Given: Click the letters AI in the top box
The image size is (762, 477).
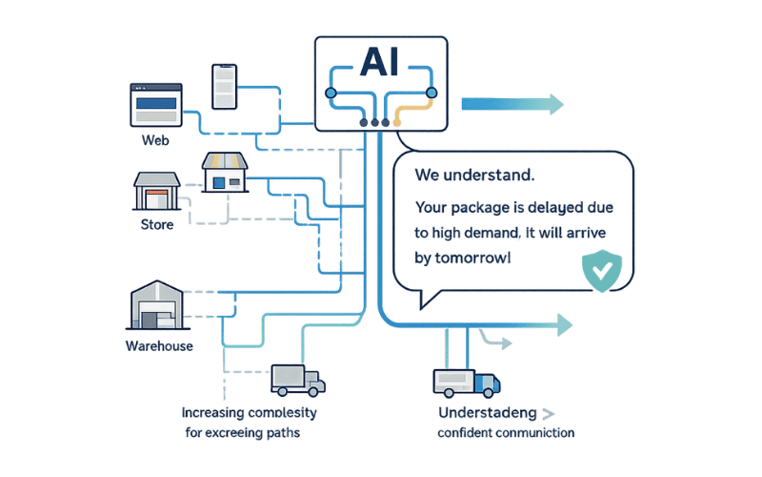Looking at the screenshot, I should click(380, 62).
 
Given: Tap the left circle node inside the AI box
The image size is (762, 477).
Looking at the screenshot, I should click(331, 93).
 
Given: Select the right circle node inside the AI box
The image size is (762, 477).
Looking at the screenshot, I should click(431, 93).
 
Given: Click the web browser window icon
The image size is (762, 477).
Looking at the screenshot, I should click(155, 104).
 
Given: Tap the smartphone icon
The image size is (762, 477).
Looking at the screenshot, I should click(224, 87).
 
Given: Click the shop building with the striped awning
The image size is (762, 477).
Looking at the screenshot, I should click(226, 175).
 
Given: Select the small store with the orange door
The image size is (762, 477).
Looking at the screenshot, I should click(156, 192).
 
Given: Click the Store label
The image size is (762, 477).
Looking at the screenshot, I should click(157, 225).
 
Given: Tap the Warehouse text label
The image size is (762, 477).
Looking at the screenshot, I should click(159, 345).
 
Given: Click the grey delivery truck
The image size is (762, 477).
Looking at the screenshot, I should click(297, 379).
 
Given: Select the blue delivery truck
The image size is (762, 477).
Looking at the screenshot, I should click(466, 383).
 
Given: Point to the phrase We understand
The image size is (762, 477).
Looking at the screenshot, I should click(474, 176).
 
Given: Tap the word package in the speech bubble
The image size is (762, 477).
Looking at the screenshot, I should click(478, 206).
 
